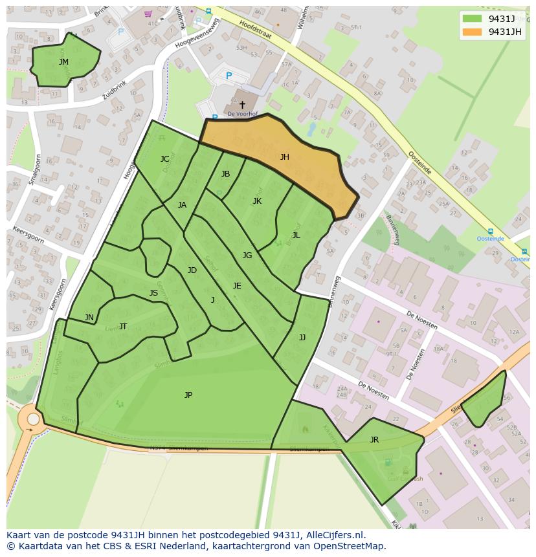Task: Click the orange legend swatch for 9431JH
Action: pyautogui.click(x=473, y=32)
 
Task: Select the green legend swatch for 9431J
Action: pyautogui.click(x=473, y=19)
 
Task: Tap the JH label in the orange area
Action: pyautogui.click(x=284, y=157)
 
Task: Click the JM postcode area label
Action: pyautogui.click(x=63, y=62)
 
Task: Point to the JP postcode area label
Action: pyautogui.click(x=188, y=395)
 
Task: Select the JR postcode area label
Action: pyautogui.click(x=374, y=440)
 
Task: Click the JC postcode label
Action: pyautogui.click(x=165, y=159)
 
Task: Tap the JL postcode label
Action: pyautogui.click(x=296, y=235)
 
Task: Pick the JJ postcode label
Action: pyautogui.click(x=302, y=338)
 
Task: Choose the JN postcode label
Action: pyautogui.click(x=89, y=318)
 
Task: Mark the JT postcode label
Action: pyautogui.click(x=123, y=327)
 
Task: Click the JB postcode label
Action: pyautogui.click(x=225, y=174)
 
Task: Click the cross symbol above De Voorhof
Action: pyautogui.click(x=243, y=104)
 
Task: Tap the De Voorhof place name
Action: pyautogui.click(x=243, y=115)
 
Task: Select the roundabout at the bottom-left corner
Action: pyautogui.click(x=31, y=420)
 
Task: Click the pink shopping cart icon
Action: pyautogui.click(x=148, y=14)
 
